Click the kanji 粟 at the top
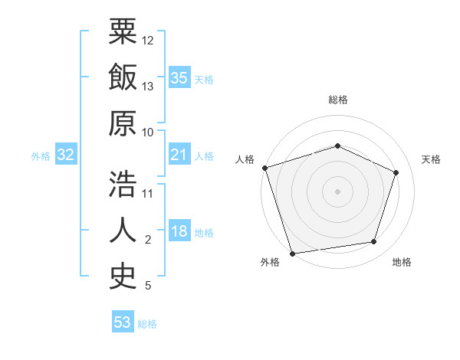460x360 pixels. [123, 33]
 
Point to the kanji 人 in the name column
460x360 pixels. [123, 231]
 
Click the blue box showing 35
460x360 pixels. [179, 77]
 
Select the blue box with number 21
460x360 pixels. [179, 155]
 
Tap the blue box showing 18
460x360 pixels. [179, 232]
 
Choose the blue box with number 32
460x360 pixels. [65, 155]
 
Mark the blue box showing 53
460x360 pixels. [123, 322]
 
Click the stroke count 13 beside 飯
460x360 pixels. [149, 87]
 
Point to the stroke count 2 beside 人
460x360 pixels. [148, 240]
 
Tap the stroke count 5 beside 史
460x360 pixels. [148, 286]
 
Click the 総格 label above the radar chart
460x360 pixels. [338, 100]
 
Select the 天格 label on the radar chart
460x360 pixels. [431, 159]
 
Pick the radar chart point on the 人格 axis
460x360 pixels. [264, 168]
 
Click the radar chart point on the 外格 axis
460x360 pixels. [293, 253]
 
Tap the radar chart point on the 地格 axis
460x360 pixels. [373, 242]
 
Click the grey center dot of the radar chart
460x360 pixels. [337, 191]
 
